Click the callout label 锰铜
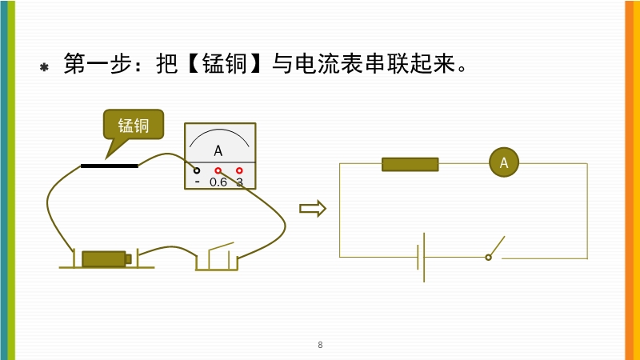pos(134,125)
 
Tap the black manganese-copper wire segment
pos(109,166)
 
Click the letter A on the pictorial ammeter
pos(218,150)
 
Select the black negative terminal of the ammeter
pos(197,170)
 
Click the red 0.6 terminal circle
pos(218,170)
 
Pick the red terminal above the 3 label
pos(239,170)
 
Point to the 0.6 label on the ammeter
pos(218,182)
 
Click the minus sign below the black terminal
pos(197,182)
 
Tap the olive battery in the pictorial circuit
pos(105,258)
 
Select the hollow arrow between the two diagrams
pos(313,209)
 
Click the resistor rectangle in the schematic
pos(410,164)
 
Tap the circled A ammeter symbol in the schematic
pos(504,163)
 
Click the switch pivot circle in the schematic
pos(488,257)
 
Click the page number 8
pos(320,345)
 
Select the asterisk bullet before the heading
pos(45,67)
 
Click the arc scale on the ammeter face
pos(219,136)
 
